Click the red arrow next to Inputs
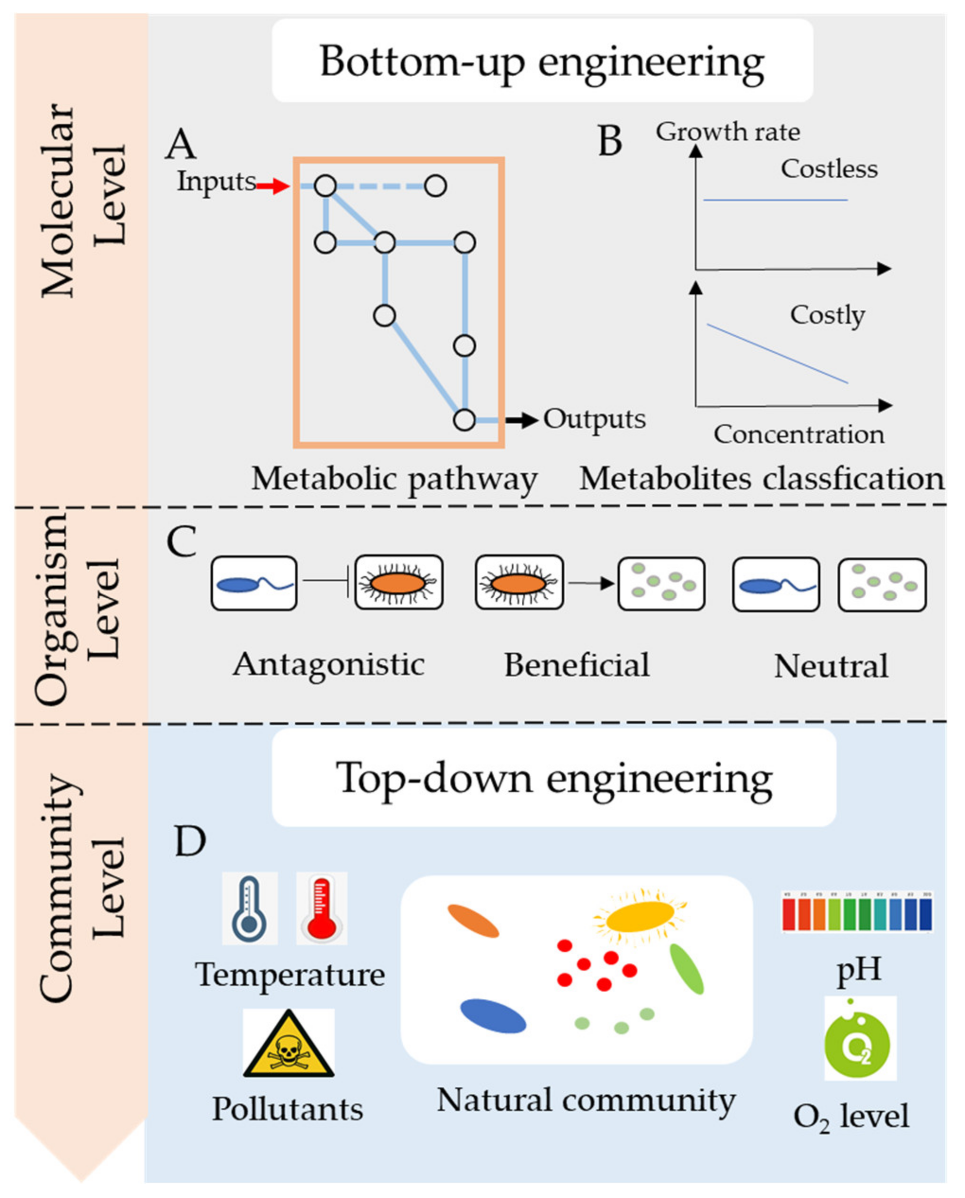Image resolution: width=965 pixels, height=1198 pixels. click(272, 187)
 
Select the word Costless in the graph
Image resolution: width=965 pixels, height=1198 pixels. click(829, 169)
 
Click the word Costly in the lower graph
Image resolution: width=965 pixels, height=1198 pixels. click(827, 316)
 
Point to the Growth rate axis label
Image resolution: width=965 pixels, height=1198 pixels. click(728, 132)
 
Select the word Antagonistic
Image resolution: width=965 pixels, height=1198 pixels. click(328, 665)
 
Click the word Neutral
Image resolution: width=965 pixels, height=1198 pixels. click(831, 667)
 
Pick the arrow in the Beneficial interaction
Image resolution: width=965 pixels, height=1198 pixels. click(590, 583)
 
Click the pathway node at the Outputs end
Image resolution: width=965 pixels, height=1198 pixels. click(464, 420)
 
